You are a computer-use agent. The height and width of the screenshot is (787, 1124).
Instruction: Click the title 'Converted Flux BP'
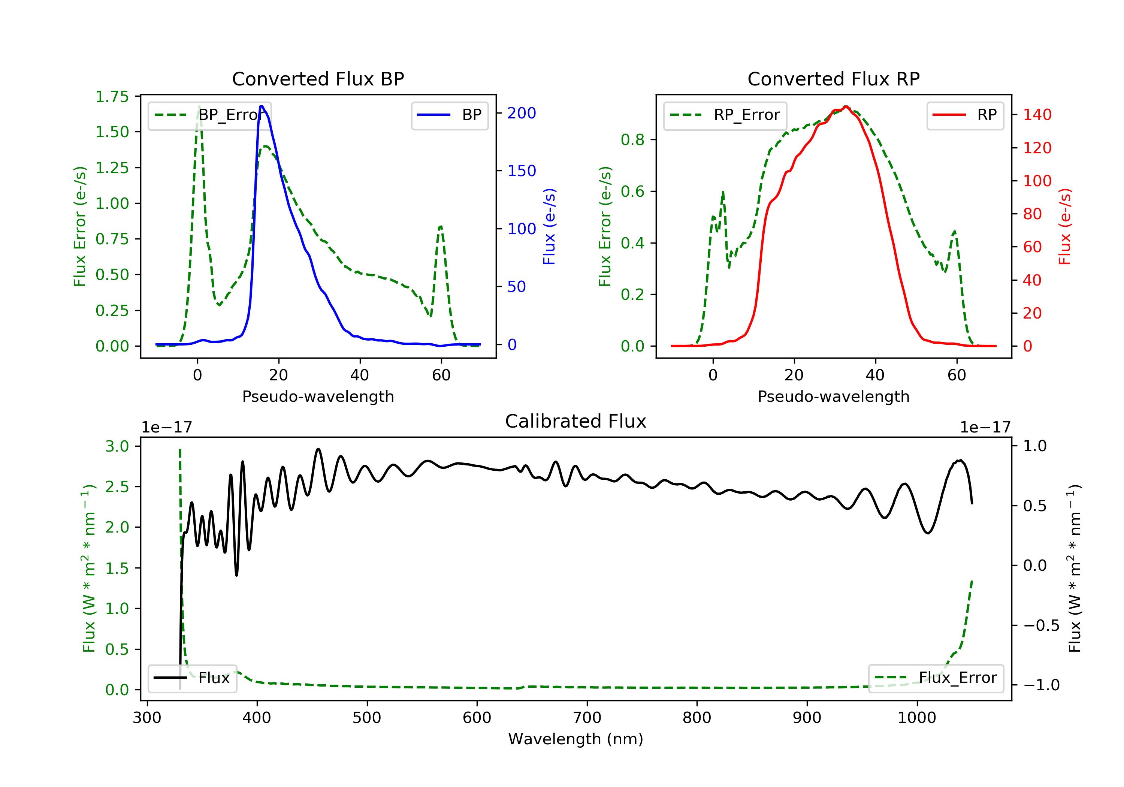318,79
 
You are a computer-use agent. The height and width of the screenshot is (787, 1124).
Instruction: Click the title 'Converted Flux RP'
834,79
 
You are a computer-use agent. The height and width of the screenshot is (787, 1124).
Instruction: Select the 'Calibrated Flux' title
576,421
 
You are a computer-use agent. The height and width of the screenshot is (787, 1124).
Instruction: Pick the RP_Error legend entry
725,115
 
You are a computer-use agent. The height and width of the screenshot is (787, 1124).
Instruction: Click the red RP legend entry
965,115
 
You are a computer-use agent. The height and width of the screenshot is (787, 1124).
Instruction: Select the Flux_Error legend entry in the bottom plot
936,678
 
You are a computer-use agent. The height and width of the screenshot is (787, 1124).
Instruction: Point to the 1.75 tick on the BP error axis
112,96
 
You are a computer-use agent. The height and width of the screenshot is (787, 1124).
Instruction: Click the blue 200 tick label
522,113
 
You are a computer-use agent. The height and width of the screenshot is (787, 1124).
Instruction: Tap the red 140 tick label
1037,115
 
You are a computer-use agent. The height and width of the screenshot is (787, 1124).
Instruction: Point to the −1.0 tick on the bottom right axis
1041,685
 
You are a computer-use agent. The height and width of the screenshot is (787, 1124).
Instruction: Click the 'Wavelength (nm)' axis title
576,739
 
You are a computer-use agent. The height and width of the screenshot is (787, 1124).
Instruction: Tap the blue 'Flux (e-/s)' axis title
550,227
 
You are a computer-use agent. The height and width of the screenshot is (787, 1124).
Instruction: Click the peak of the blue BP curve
262,106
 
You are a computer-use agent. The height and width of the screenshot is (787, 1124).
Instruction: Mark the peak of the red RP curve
846,106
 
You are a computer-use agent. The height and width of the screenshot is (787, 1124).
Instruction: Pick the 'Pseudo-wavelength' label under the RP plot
834,396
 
